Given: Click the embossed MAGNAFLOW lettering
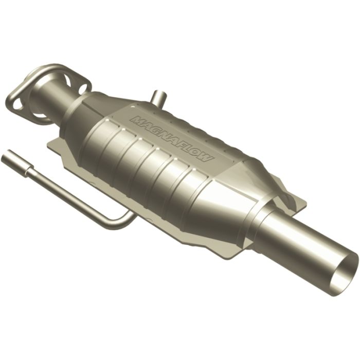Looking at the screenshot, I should tap(172, 139).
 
